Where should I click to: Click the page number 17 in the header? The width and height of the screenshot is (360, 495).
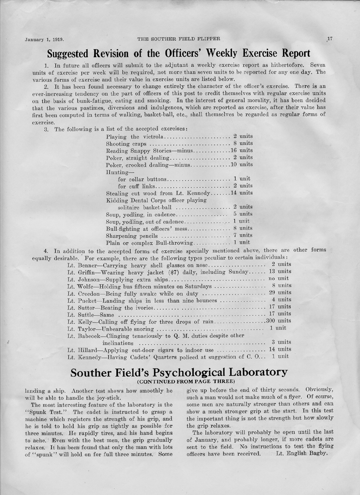(x=329, y=39)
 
